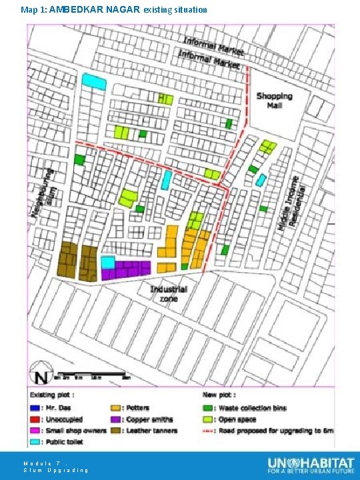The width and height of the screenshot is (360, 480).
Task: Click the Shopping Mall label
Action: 274,101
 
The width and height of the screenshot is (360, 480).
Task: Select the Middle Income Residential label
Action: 289,203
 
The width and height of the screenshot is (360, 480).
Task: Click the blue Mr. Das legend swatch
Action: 33,408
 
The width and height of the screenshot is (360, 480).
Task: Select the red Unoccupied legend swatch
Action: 33,419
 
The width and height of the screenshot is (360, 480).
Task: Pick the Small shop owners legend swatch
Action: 33,431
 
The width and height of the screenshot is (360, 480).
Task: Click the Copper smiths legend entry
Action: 142,419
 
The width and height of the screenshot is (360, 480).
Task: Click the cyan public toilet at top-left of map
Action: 94,81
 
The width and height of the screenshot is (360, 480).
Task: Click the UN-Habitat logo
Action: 311,465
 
